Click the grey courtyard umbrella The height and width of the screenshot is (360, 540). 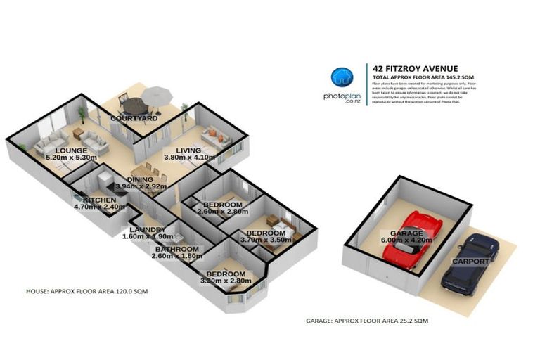coord(155,93)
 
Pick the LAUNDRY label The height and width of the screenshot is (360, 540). coord(147,230)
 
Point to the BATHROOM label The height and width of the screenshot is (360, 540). coord(175,249)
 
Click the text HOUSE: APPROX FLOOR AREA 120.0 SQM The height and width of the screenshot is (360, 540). coord(86,290)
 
